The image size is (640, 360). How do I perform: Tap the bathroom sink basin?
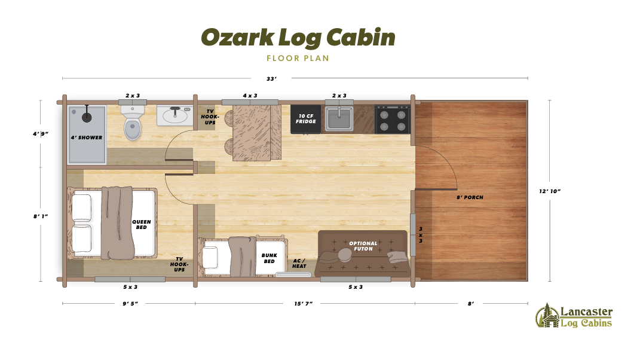pos(174,115)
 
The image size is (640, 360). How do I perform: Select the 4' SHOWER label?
pos(87,138)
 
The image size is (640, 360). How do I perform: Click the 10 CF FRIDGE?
pos(305,118)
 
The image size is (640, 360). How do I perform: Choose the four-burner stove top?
pos(392,119)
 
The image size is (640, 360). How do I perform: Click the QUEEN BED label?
pos(142,224)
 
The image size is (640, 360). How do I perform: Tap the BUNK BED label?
pos(269,258)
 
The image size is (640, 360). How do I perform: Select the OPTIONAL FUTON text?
pos(363,246)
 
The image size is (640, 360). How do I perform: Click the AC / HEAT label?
pos(299,263)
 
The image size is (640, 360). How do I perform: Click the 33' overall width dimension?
pos(271,78)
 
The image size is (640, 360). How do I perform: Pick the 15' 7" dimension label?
pos(303,304)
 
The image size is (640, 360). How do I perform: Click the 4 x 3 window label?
pos(250,95)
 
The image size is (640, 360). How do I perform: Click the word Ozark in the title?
pos(237,37)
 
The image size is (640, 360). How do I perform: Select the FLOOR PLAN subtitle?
pos(298,59)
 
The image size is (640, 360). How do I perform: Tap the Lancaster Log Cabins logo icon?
pos(546,315)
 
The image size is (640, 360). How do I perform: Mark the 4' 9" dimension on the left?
pos(41,134)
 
